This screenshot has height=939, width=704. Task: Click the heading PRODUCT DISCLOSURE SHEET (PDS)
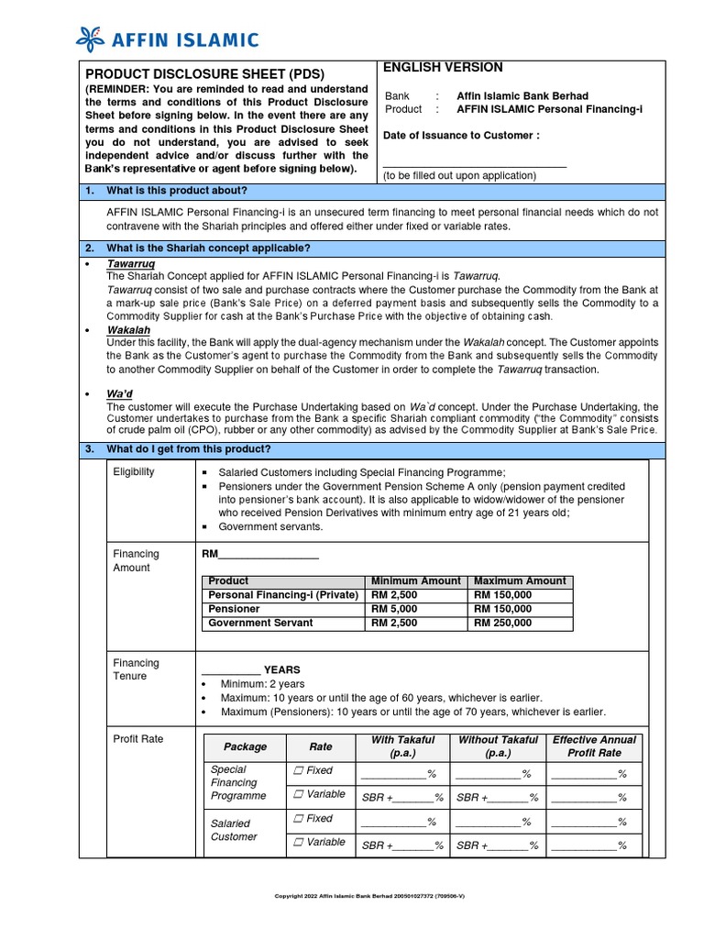[205, 73]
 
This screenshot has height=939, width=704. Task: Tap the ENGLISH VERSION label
[443, 67]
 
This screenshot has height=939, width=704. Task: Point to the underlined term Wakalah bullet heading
[128, 330]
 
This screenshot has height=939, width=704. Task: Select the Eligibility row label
[134, 472]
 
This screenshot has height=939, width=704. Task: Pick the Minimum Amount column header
[416, 581]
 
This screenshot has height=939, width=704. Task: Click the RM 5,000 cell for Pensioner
[394, 609]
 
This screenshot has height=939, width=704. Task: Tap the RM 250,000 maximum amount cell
[502, 624]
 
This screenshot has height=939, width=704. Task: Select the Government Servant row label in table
[260, 624]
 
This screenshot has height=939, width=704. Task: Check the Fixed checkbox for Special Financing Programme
[298, 771]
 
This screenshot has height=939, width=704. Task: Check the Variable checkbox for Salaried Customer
[298, 843]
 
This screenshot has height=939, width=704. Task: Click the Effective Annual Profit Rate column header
[594, 746]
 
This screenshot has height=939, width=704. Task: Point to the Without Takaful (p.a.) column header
[498, 746]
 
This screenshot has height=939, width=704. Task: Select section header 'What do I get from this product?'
[189, 449]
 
